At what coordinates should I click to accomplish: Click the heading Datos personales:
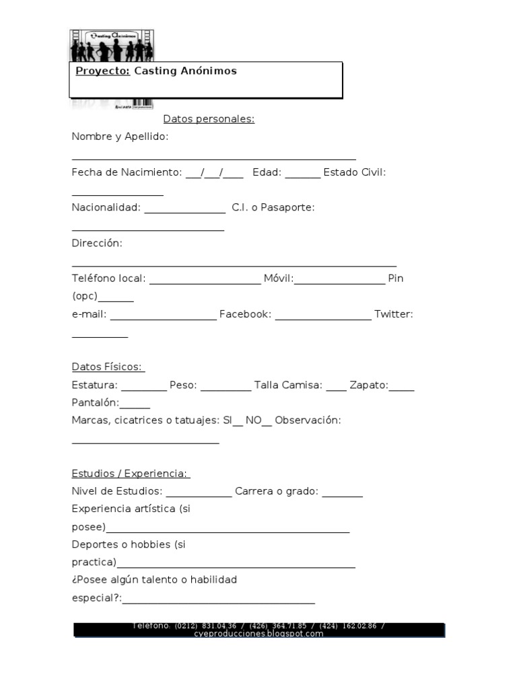point(209,119)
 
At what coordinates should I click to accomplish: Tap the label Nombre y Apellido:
point(120,137)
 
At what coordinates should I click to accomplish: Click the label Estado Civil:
point(354,172)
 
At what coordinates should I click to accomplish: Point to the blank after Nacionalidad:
point(184,211)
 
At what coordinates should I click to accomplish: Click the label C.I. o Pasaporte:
point(273,207)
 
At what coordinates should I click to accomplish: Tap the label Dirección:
point(97,243)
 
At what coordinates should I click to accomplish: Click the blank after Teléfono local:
point(205,281)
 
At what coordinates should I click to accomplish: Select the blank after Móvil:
point(339,281)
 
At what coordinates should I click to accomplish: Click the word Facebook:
point(245,314)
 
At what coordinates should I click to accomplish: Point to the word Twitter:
point(393,314)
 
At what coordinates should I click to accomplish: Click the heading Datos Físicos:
point(108,367)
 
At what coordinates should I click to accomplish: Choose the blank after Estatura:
point(143,388)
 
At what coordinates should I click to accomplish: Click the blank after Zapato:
point(402,388)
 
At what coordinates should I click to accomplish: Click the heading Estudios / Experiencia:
point(131,473)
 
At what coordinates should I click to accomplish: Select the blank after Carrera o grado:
point(343,495)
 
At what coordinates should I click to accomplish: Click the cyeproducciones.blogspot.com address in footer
point(259,634)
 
